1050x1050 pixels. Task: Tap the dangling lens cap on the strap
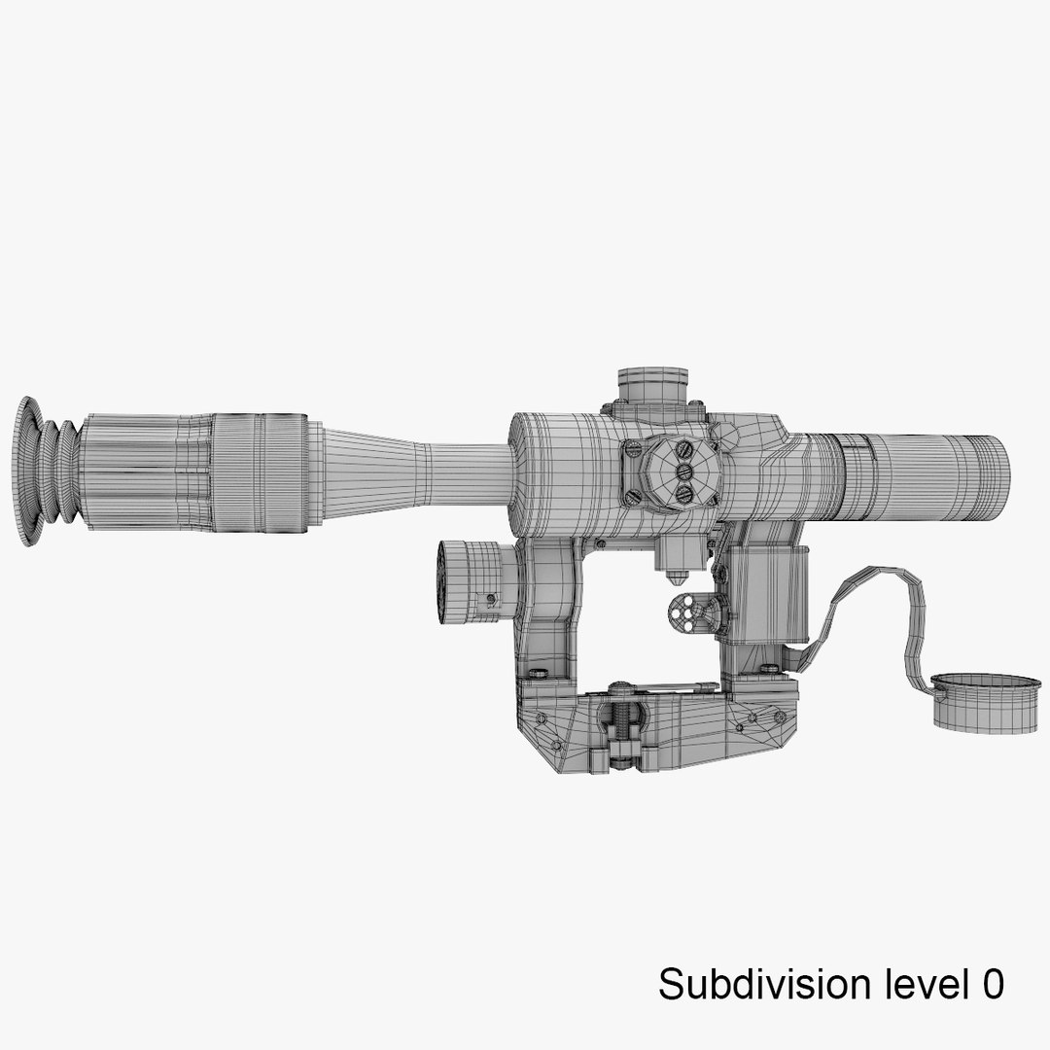(973, 702)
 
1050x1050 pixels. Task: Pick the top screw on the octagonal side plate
(684, 450)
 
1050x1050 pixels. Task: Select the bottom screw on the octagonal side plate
(684, 494)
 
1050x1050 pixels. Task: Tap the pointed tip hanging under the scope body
(670, 577)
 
